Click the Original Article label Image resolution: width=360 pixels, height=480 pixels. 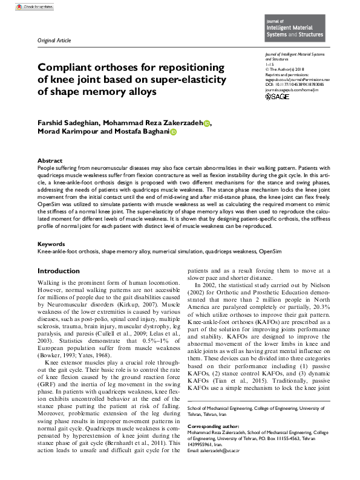click(x=54, y=41)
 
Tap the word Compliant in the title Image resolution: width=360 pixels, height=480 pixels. click(x=67, y=68)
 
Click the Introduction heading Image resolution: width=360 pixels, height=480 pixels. click(x=58, y=271)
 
